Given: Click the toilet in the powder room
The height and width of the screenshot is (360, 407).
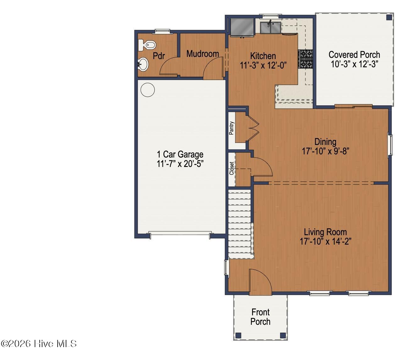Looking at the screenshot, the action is (147, 45).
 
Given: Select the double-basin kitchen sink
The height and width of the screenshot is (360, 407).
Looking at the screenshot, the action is (270, 28).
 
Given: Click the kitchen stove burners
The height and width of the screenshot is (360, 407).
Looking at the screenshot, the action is (305, 59).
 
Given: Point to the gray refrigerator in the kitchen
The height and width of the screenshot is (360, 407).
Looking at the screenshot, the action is (242, 28).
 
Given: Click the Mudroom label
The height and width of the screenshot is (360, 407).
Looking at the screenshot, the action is (202, 54).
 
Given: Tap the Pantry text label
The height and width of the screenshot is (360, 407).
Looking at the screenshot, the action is (231, 128).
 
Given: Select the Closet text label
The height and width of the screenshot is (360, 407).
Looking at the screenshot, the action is (232, 168).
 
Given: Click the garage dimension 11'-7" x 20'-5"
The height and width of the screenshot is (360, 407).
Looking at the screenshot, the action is (180, 164).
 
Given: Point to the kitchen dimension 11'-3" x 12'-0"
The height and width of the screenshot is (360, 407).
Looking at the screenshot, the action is (263, 65).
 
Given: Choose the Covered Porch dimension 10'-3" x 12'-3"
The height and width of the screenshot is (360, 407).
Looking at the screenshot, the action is (355, 64).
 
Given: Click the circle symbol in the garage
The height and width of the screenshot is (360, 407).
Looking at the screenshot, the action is (148, 90).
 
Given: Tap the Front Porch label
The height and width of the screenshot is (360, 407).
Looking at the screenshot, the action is (260, 317).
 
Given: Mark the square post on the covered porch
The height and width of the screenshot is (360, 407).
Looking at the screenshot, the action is (389, 17).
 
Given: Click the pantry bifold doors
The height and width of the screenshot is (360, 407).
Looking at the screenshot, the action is (252, 128).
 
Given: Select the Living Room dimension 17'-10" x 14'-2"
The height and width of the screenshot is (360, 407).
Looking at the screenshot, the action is (325, 241).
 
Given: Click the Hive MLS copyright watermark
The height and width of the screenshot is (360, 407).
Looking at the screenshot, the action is (39, 344).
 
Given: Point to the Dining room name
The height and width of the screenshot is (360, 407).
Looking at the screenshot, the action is (325, 142).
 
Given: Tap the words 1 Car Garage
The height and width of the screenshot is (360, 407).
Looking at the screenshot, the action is (180, 154).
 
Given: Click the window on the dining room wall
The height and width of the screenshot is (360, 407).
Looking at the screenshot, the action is (390, 145).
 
